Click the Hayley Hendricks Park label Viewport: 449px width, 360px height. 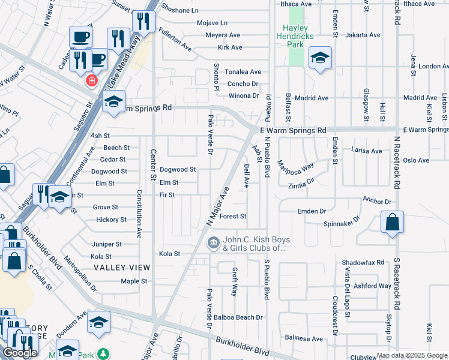point(295,32)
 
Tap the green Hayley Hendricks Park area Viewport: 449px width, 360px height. point(296,54)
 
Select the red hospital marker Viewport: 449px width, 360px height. point(92,80)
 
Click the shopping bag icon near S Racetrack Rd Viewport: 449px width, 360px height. point(392,223)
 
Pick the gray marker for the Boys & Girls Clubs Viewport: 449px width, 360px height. point(212,244)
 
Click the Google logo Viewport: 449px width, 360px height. point(20,353)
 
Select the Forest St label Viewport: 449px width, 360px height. point(234,216)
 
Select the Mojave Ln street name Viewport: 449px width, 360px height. point(212,23)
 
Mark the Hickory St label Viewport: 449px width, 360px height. point(111,220)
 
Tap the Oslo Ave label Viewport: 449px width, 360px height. point(416,160)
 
